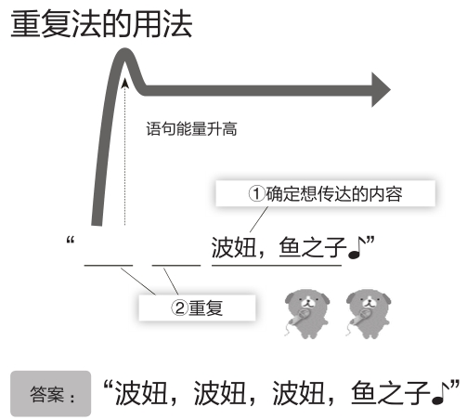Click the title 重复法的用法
tap(101, 24)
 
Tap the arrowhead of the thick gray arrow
tap(381, 90)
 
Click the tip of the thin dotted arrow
tap(124, 79)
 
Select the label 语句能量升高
tap(191, 129)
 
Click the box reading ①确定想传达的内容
tap(325, 193)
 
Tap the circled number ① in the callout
tap(256, 194)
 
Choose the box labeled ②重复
tap(197, 308)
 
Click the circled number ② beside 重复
tap(179, 308)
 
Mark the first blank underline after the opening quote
tap(109, 266)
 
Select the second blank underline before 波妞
tap(176, 266)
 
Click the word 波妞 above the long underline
tap(234, 247)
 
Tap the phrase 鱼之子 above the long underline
tap(312, 247)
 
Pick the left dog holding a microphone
tap(307, 313)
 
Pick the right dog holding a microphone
tap(369, 313)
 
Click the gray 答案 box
tap(51, 394)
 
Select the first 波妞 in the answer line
tap(142, 393)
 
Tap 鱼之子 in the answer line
tap(391, 393)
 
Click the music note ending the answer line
tap(440, 393)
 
